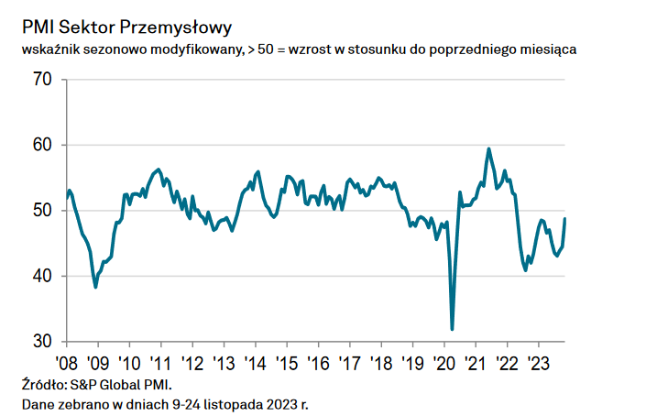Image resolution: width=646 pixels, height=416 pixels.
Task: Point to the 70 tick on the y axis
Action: point(43,81)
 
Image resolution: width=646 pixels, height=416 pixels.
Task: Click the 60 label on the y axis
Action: point(43,146)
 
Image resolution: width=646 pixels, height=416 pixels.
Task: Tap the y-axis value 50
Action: point(43,211)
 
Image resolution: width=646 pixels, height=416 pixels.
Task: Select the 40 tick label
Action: point(43,276)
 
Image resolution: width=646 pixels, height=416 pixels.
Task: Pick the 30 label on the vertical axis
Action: point(43,341)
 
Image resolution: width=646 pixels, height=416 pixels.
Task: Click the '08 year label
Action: point(66,361)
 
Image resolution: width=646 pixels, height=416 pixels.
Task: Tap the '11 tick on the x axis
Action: point(161,361)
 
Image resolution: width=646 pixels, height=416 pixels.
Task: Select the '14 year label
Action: point(256,361)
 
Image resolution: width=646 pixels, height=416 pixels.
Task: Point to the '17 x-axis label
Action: point(349,361)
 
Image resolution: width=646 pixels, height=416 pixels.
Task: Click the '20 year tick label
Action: point(443,361)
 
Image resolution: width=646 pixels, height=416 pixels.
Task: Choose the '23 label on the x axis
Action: point(539,361)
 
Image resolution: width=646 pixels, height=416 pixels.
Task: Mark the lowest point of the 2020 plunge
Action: point(452,329)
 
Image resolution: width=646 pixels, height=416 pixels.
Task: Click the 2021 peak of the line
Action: point(488,148)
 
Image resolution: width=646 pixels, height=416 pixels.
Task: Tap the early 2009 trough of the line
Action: point(95,287)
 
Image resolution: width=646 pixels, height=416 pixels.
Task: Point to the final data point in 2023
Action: point(564,218)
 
